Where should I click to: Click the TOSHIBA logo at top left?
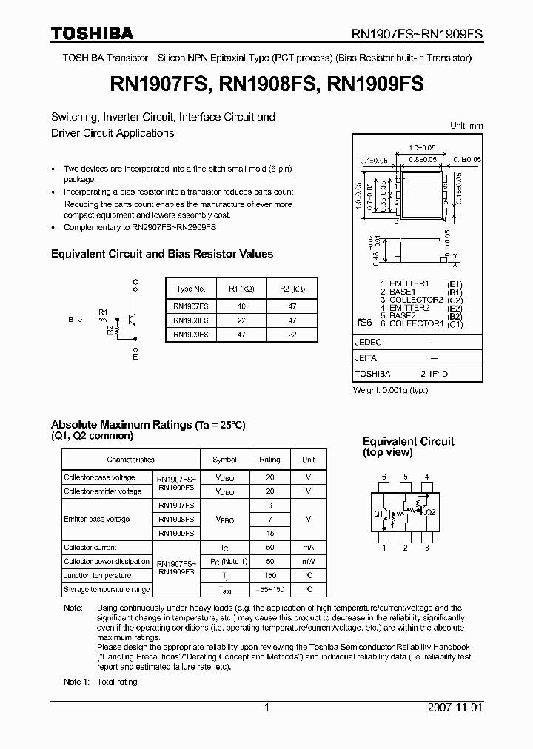92,33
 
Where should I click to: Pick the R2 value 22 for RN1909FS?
292,334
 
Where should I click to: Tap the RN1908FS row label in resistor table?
190,320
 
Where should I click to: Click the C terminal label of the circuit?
135,282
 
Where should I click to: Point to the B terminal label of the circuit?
70,320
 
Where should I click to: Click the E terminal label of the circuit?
135,357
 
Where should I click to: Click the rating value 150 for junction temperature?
269,575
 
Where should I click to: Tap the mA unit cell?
308,547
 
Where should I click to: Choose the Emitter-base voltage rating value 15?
269,533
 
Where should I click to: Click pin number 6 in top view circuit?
383,476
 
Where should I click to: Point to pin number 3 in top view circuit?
427,548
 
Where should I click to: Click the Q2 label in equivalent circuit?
431,512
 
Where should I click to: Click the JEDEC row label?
368,343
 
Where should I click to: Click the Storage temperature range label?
107,590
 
